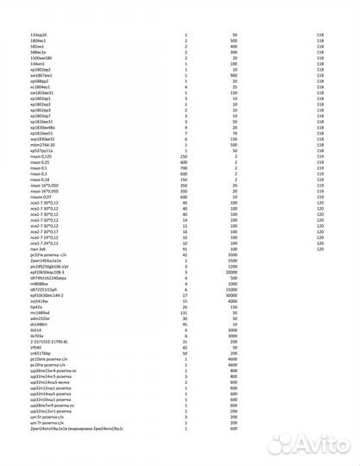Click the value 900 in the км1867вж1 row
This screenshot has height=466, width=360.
[x=234, y=76]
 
